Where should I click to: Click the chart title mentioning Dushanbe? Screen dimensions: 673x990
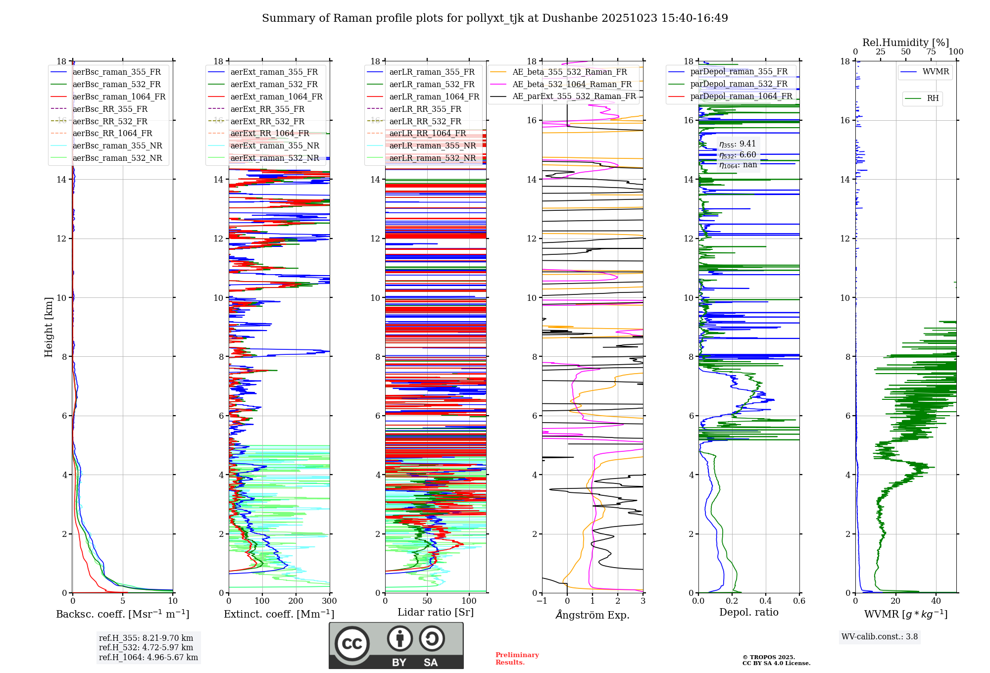[x=495, y=18]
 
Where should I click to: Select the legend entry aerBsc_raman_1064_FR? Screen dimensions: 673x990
[x=119, y=96]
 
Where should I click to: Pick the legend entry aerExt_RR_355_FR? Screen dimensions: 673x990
[x=267, y=109]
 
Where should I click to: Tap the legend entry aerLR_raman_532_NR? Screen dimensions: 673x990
[x=432, y=158]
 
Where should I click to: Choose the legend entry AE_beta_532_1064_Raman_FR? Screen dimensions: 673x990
[x=572, y=84]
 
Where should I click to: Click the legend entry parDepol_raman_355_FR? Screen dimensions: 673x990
[x=739, y=71]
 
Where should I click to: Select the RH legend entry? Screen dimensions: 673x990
[x=933, y=98]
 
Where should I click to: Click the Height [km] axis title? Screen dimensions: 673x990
[x=49, y=327]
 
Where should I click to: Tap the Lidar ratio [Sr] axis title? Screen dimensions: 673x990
[x=435, y=612]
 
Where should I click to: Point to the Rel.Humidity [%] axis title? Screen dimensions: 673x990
[x=905, y=43]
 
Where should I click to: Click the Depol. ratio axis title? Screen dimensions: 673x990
[x=748, y=612]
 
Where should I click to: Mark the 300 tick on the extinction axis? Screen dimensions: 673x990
[x=329, y=601]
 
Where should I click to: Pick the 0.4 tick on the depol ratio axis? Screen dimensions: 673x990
[x=765, y=601]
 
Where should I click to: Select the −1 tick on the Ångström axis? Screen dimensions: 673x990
[x=542, y=601]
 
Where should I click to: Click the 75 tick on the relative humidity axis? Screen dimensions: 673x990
[x=931, y=52]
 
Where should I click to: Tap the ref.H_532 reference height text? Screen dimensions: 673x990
[x=146, y=647]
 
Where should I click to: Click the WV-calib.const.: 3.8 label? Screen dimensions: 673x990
[x=879, y=636]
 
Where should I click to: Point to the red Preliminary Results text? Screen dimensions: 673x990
[x=517, y=658]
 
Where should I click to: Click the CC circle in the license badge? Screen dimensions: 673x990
[x=352, y=644]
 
